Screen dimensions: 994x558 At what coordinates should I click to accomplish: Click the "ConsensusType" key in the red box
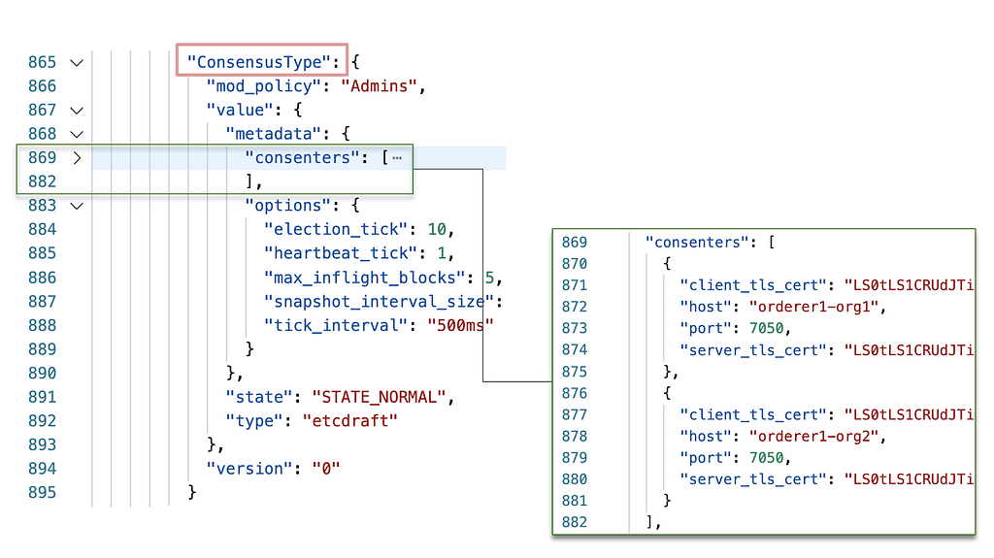[258, 62]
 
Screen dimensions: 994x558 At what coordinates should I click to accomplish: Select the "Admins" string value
[380, 86]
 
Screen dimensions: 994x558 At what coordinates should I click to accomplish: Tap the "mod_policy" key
[264, 86]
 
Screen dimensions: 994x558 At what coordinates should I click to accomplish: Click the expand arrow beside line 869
[77, 158]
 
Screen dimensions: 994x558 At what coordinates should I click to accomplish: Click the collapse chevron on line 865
[77, 63]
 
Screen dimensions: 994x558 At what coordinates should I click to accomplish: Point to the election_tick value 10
[437, 229]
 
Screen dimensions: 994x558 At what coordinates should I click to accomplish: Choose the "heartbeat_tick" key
[341, 253]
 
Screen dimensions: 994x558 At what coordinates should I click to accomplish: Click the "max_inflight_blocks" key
[365, 278]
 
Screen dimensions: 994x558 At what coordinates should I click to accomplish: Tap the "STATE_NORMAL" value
[380, 397]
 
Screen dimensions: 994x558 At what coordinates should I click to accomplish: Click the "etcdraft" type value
[349, 420]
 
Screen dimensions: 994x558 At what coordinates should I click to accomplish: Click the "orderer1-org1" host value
[814, 307]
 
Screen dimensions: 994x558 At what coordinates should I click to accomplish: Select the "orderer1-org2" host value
[814, 437]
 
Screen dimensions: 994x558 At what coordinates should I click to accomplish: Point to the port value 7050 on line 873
[767, 328]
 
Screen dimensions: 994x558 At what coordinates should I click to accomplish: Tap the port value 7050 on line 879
[767, 458]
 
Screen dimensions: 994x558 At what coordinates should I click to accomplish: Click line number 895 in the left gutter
[42, 493]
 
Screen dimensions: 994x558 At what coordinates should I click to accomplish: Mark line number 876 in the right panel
[575, 393]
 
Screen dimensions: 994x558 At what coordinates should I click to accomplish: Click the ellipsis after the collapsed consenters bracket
[397, 158]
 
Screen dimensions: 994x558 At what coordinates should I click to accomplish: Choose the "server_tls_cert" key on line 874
[753, 350]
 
